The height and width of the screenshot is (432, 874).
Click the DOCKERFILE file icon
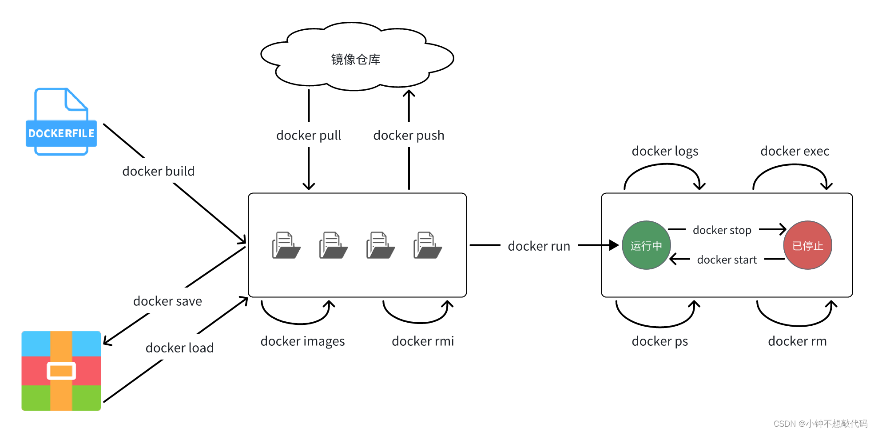coord(61,122)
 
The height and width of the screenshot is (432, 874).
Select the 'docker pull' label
coord(309,135)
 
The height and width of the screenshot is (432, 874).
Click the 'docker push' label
coord(409,135)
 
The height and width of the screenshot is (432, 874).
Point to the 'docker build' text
coord(159,171)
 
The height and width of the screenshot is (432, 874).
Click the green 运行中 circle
coord(646,245)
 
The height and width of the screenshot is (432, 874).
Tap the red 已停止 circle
coord(807,245)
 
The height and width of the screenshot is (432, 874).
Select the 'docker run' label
coord(539,246)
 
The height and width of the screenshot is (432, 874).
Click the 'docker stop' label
coord(722,230)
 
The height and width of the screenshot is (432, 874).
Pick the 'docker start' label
coord(727,260)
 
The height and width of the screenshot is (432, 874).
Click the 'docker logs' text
coord(665,151)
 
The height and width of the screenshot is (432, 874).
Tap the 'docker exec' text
coord(795,151)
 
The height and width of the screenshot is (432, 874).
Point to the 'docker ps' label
coord(659,341)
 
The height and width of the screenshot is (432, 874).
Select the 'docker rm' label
coord(797,341)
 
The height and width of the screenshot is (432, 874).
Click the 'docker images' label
coord(302,341)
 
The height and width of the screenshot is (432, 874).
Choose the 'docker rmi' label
coord(423,341)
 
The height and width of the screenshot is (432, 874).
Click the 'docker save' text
coord(167,301)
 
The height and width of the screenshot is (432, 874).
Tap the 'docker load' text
coord(179,348)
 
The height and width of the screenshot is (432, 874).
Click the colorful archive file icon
coord(61,371)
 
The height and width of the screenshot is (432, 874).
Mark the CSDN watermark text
coord(820,424)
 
